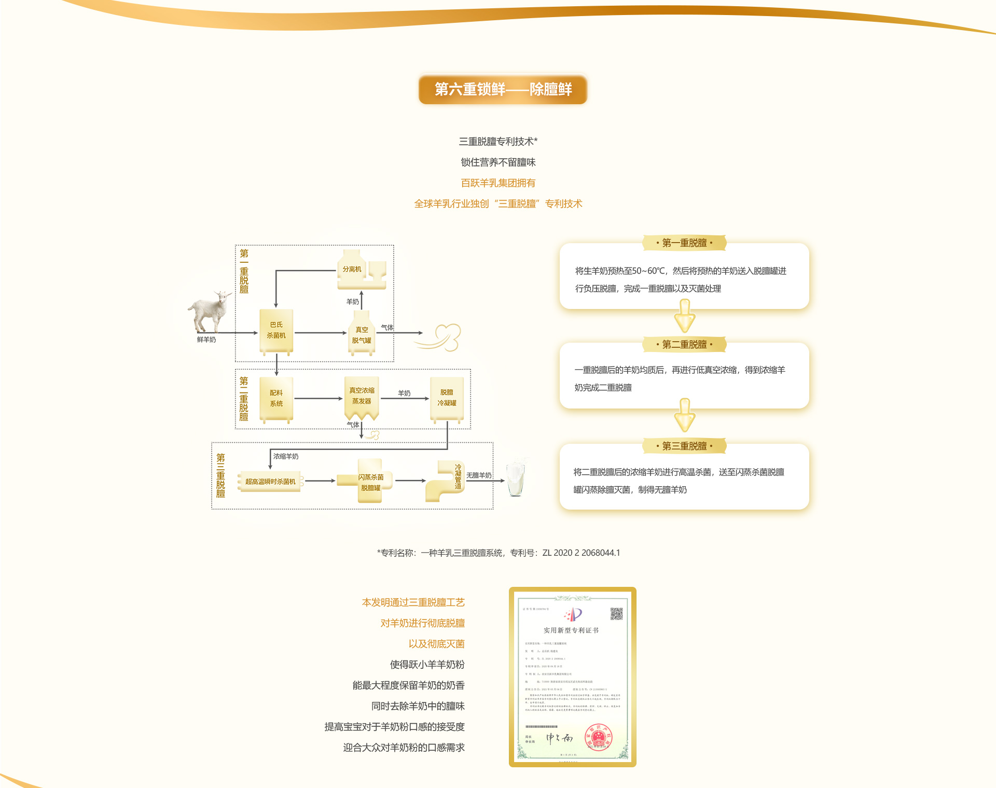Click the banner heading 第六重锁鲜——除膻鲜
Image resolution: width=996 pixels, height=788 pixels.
[x=503, y=89]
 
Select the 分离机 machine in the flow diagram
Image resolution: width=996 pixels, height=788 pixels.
[x=361, y=270]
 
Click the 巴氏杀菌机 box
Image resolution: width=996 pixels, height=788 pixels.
[x=276, y=331]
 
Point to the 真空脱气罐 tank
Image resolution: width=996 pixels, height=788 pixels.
[x=362, y=334]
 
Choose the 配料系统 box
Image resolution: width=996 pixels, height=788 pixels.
[x=276, y=398]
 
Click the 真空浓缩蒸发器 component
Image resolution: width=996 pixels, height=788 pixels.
[x=362, y=397]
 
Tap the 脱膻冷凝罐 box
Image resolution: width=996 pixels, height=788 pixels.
[x=447, y=398]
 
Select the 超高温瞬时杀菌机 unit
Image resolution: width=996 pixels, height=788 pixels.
[x=270, y=482]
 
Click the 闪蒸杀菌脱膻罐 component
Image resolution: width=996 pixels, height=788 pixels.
[x=370, y=482]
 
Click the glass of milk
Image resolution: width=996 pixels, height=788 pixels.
[x=516, y=477]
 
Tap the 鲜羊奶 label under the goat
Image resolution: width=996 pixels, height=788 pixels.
[x=206, y=340]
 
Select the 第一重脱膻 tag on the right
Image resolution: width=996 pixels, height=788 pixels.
[x=684, y=243]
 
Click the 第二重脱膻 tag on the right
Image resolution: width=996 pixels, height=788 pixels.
[x=684, y=344]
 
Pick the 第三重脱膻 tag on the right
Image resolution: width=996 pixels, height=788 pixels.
[x=684, y=446]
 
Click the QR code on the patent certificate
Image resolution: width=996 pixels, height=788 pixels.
[x=616, y=614]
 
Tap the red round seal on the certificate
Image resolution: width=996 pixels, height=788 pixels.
[x=599, y=737]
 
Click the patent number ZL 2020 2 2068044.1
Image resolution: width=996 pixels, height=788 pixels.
[x=581, y=553]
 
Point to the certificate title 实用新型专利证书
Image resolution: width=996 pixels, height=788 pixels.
[x=571, y=630]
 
